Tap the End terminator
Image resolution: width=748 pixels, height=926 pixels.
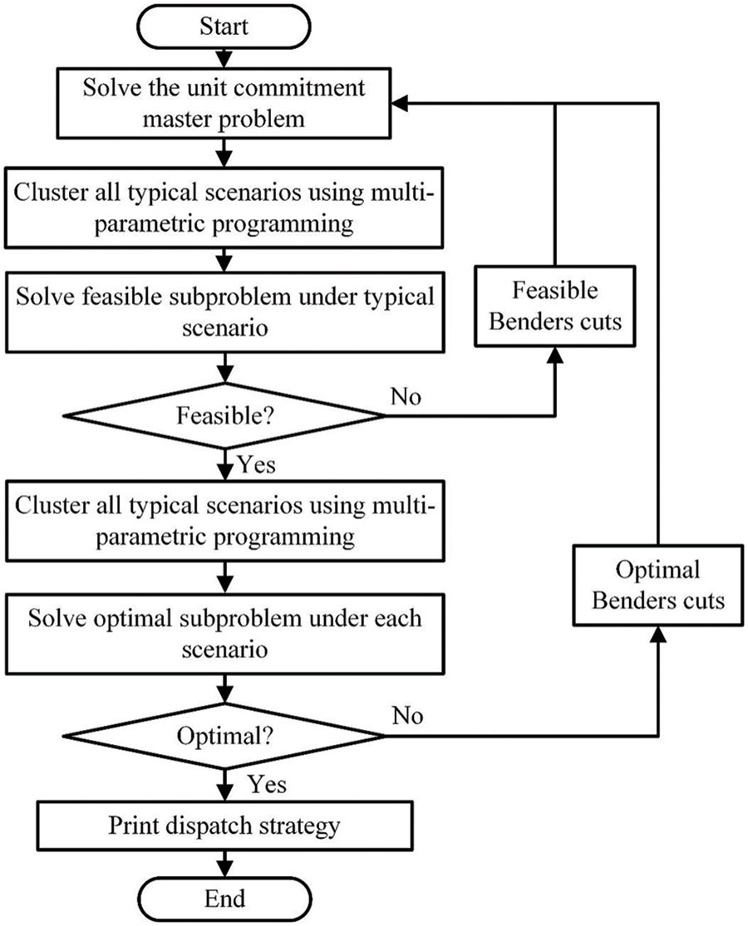click(x=224, y=899)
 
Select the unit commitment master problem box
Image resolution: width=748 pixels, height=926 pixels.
click(x=224, y=103)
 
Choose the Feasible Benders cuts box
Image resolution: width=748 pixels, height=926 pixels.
click(x=554, y=306)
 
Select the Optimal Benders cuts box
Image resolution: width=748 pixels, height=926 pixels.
click(x=658, y=585)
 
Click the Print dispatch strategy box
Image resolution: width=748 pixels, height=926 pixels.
click(x=224, y=826)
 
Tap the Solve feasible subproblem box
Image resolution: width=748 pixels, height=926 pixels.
click(x=224, y=311)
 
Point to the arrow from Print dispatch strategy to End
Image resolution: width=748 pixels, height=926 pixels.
click(x=224, y=864)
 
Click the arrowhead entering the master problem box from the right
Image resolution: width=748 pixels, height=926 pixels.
click(x=402, y=103)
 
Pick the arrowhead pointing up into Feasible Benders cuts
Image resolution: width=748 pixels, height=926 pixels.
click(x=554, y=352)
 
